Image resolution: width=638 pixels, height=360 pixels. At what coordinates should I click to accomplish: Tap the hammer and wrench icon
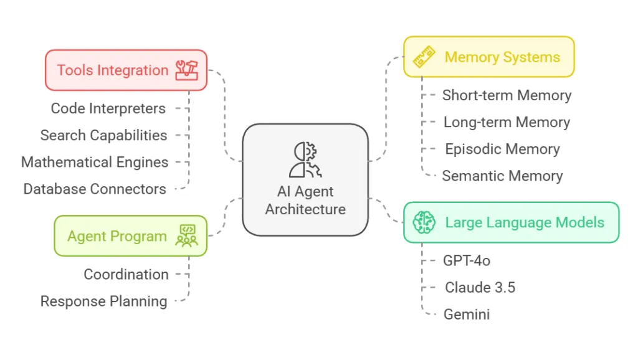[x=186, y=70]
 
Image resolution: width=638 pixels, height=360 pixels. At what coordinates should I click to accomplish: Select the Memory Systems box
[x=488, y=57]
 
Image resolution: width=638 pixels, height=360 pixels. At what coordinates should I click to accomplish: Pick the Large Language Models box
[x=511, y=222]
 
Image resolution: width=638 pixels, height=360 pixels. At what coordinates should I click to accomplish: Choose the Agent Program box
[x=130, y=236]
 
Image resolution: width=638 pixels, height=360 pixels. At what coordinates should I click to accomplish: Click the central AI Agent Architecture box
[x=305, y=179]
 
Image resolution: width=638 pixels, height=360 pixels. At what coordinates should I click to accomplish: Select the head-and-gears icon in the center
[x=305, y=159]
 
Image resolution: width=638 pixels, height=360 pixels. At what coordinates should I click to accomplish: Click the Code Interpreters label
[x=108, y=108]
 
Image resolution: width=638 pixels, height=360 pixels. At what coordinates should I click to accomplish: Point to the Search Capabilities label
[x=103, y=135]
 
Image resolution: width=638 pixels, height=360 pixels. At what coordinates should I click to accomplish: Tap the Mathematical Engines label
[x=95, y=162]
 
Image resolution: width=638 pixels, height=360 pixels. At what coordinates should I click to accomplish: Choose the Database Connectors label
[x=95, y=189]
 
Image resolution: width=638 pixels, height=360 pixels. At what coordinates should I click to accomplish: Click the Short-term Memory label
[x=507, y=95]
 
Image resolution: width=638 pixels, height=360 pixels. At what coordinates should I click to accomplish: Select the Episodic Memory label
[x=502, y=149]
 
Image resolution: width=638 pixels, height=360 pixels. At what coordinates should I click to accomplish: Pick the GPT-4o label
[x=467, y=260]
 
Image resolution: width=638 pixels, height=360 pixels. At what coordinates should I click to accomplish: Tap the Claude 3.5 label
[x=480, y=287]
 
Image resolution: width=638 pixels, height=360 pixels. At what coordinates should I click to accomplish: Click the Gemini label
[x=467, y=315]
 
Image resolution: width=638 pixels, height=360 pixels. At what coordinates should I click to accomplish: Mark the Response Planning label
[x=103, y=301]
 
